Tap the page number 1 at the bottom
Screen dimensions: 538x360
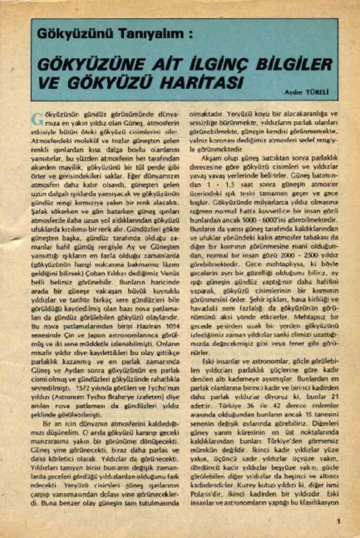pos(338,521)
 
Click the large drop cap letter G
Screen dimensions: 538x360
pos(37,118)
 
